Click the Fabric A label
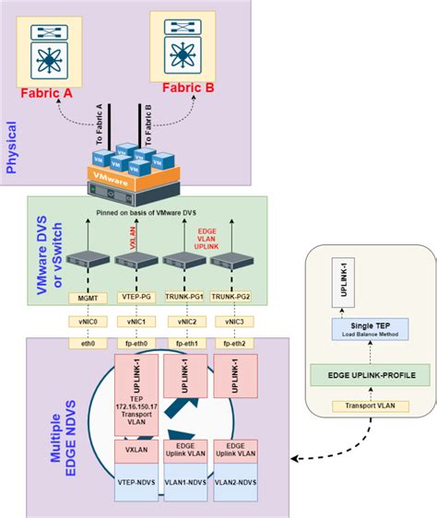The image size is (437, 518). click(48, 92)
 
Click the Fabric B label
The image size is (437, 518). click(189, 88)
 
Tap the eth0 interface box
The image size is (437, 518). click(89, 343)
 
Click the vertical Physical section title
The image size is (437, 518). click(13, 145)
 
